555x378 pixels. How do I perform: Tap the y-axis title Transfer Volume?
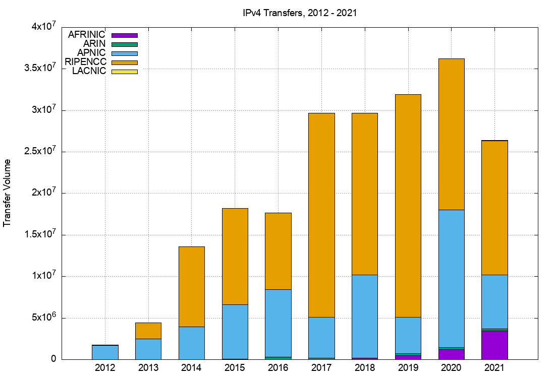pyautogui.click(x=8, y=193)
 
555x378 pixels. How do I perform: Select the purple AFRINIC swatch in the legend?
pyautogui.click(x=124, y=35)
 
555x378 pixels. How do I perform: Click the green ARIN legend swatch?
pyautogui.click(x=124, y=44)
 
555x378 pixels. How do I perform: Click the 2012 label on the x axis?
pyautogui.click(x=105, y=368)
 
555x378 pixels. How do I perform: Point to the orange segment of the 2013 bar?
pyautogui.click(x=148, y=331)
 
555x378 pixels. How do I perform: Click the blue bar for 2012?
pyautogui.click(x=105, y=352)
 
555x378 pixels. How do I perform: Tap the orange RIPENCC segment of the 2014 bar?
pyautogui.click(x=192, y=286)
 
